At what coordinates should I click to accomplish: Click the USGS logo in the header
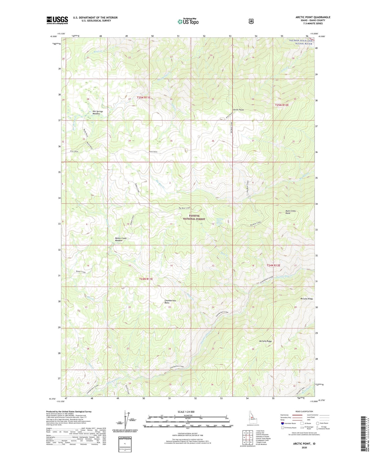[x=57, y=20]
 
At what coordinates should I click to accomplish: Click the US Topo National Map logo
[x=188, y=21]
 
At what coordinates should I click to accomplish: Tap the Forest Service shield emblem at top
[x=251, y=21]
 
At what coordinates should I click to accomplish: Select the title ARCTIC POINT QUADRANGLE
[x=313, y=17]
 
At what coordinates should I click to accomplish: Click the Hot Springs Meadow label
[x=98, y=113]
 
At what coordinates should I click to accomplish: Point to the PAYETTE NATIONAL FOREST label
[x=194, y=218]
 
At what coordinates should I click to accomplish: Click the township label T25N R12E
[x=282, y=105]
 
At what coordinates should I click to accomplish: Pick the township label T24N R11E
[x=146, y=279]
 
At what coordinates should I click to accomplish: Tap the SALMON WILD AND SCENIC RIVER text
[x=301, y=42]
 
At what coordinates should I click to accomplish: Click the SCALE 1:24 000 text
[x=186, y=412]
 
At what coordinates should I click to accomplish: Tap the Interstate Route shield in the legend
[x=282, y=423]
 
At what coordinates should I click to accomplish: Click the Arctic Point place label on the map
[x=238, y=110]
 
